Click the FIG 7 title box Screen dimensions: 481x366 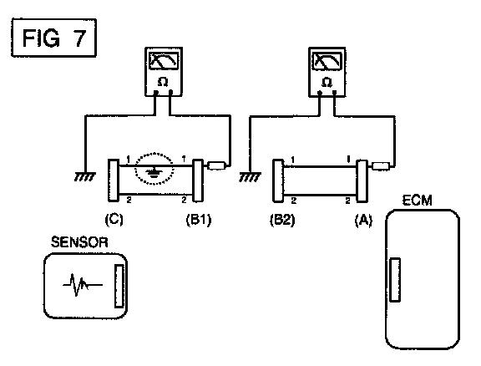point(54,38)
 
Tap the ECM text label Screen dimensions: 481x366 point(417,201)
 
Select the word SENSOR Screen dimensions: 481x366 point(79,242)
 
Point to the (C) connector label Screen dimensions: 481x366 point(114,220)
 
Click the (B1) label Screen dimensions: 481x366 point(199,220)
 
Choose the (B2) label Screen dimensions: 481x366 point(282,220)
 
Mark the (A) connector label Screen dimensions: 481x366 point(363,220)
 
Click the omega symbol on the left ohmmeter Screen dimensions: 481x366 point(163,82)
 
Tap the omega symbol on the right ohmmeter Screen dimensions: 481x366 point(327,82)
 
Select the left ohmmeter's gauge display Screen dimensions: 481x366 point(164,61)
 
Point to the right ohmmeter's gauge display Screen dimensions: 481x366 point(327,61)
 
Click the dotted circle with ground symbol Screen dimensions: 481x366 point(154,169)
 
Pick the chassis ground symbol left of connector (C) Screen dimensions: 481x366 point(84,177)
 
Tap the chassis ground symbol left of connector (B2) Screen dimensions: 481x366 point(250,177)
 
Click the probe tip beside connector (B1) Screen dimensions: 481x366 point(217,165)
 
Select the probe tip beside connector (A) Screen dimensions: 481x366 point(381,166)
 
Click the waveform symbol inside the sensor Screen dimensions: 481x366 point(82,285)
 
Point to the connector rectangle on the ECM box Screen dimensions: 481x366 point(395,280)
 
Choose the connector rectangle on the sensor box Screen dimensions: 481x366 point(119,286)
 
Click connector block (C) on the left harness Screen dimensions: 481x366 point(114,180)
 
